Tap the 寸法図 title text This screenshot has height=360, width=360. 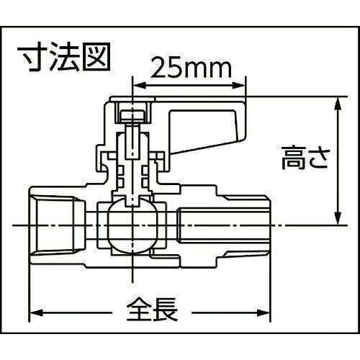pos(64,57)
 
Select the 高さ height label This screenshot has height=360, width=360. pos(305,159)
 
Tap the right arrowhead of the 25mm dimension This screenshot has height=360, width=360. pos(239,86)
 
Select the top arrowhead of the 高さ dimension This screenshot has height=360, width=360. pos(338,104)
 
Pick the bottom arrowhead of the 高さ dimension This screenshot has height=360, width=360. pos(338,218)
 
